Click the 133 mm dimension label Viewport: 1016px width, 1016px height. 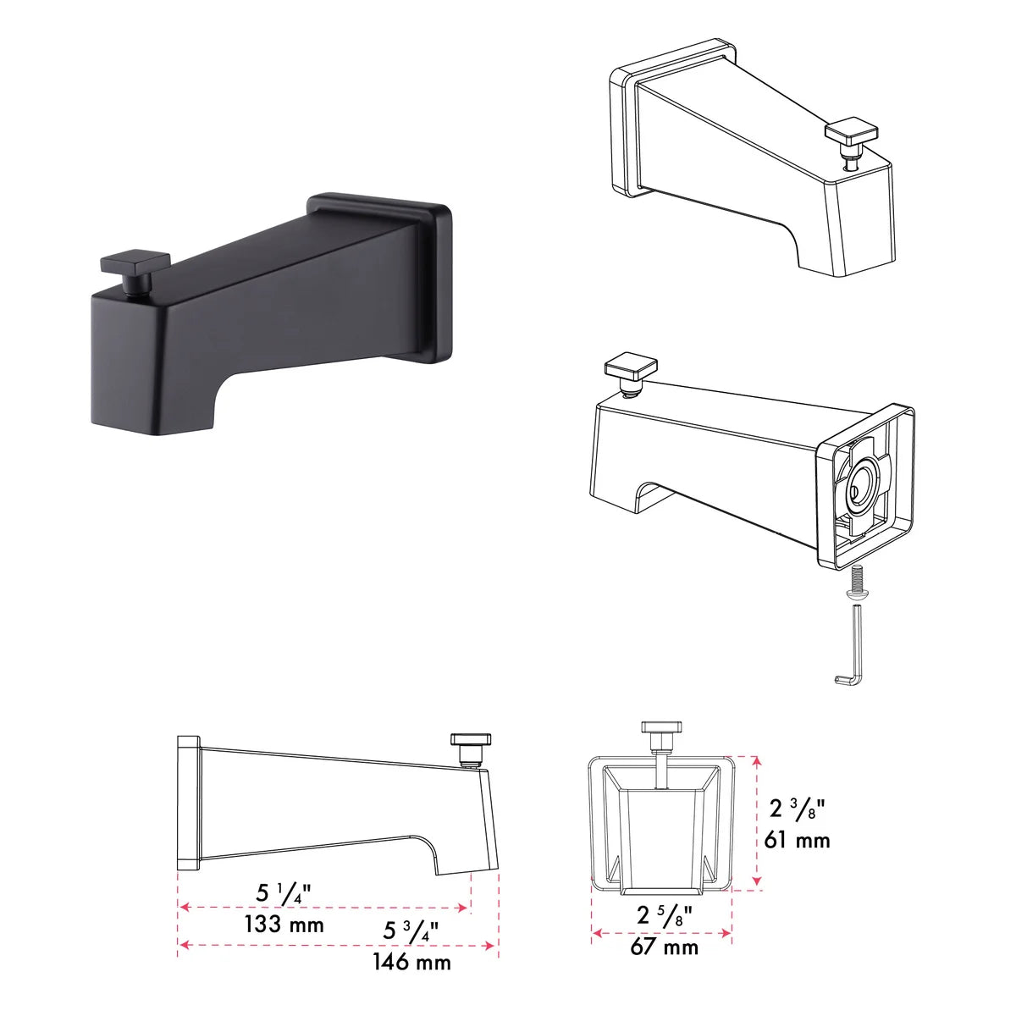284,924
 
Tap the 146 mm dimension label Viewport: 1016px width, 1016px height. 411,962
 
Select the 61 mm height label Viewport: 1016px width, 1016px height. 797,840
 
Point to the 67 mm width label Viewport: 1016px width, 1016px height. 664,946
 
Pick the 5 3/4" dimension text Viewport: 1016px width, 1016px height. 411,930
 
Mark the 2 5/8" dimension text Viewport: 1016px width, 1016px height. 665,914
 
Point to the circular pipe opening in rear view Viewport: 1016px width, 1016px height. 862,489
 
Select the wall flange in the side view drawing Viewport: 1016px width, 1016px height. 187,802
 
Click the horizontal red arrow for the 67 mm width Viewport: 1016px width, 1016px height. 661,933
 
